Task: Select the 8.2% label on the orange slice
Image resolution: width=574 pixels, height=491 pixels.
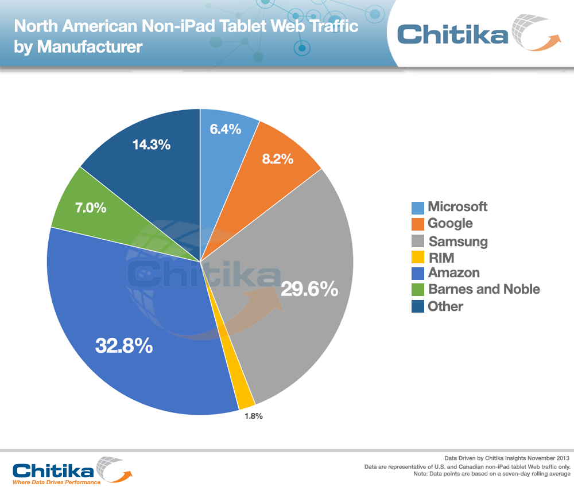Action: click(x=277, y=159)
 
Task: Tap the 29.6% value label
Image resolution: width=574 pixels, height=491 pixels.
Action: click(x=309, y=289)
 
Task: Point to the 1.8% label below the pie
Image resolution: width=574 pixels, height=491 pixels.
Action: click(x=251, y=416)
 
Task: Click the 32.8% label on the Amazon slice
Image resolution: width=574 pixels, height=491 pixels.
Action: click(x=124, y=345)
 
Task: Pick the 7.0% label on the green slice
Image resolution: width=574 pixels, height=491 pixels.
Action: click(x=91, y=208)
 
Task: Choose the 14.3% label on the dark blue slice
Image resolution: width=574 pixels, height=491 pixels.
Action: click(x=152, y=145)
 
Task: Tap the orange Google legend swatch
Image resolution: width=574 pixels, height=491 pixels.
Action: click(x=418, y=224)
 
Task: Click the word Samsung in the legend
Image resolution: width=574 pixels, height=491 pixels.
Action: click(x=457, y=241)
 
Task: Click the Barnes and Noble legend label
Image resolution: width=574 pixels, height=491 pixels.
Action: click(x=484, y=289)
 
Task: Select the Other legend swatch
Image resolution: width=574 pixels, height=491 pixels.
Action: click(x=418, y=307)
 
